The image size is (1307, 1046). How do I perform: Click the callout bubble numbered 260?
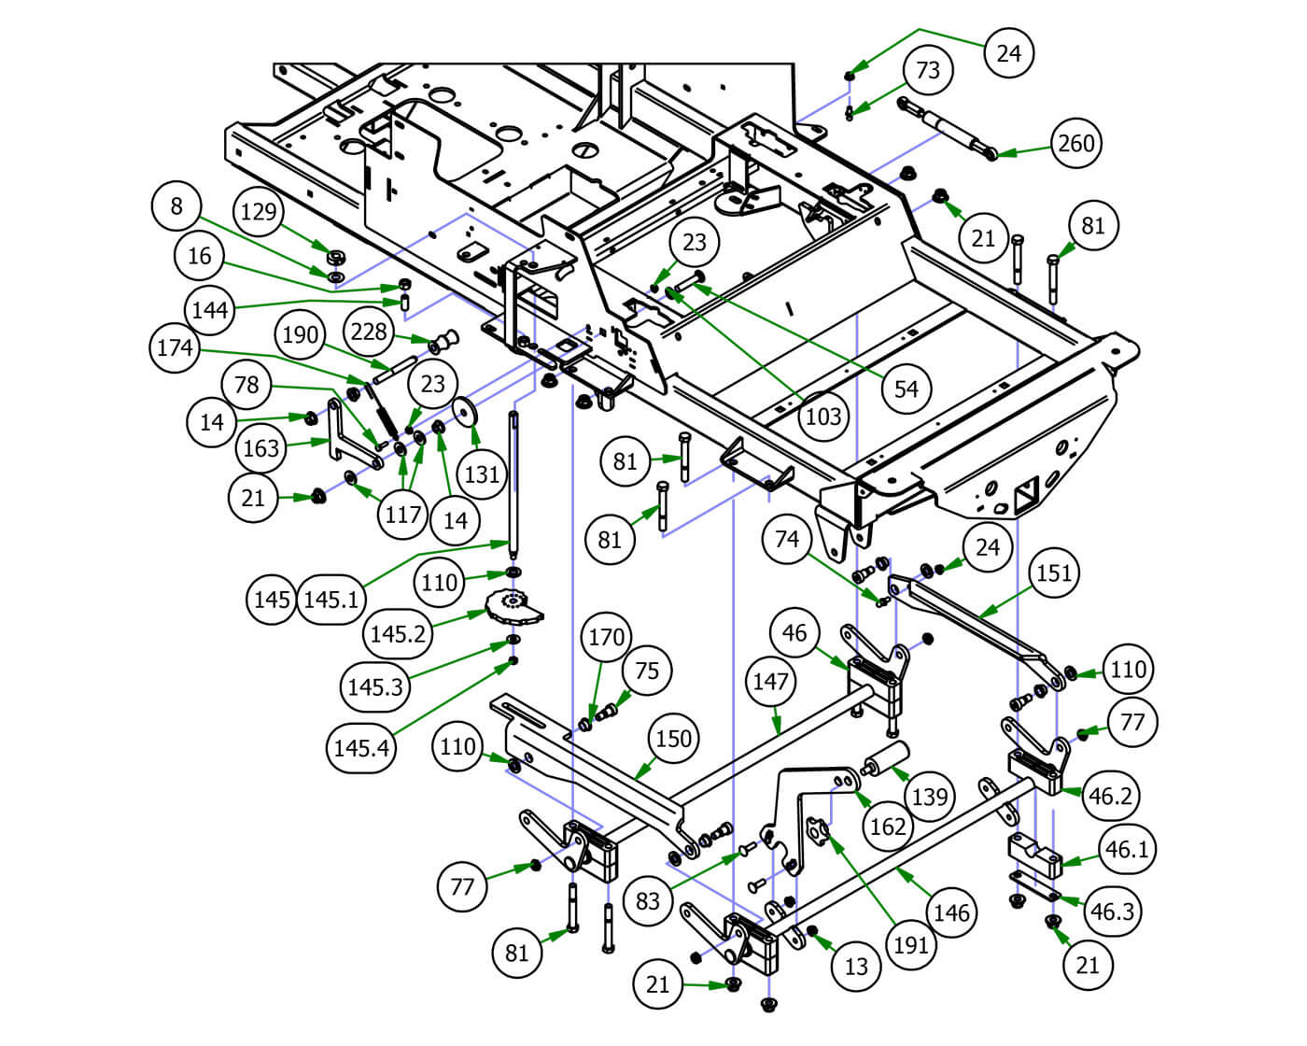pos(1076,143)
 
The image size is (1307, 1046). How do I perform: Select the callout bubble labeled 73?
pos(928,70)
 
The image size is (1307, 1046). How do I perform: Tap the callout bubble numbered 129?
pos(259,211)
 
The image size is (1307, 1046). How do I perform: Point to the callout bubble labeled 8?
pos(176,205)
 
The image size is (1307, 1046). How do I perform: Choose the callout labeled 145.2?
pos(399,634)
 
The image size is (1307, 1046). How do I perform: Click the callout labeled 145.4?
pos(362,747)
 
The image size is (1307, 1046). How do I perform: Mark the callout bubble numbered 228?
pos(369,332)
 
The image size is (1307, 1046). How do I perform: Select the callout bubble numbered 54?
pos(906,389)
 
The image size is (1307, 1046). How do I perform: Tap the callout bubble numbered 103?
pos(822,416)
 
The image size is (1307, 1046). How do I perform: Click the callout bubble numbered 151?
pos(1054,572)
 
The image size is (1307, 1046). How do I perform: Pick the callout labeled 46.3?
pos(1112,911)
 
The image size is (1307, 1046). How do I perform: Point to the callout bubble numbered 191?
pos(910,945)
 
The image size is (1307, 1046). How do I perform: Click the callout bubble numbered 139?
pos(929,797)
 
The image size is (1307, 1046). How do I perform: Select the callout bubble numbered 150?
pos(673,739)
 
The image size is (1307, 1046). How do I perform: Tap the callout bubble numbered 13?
pos(856,967)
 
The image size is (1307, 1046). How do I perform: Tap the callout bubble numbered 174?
pos(175,348)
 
